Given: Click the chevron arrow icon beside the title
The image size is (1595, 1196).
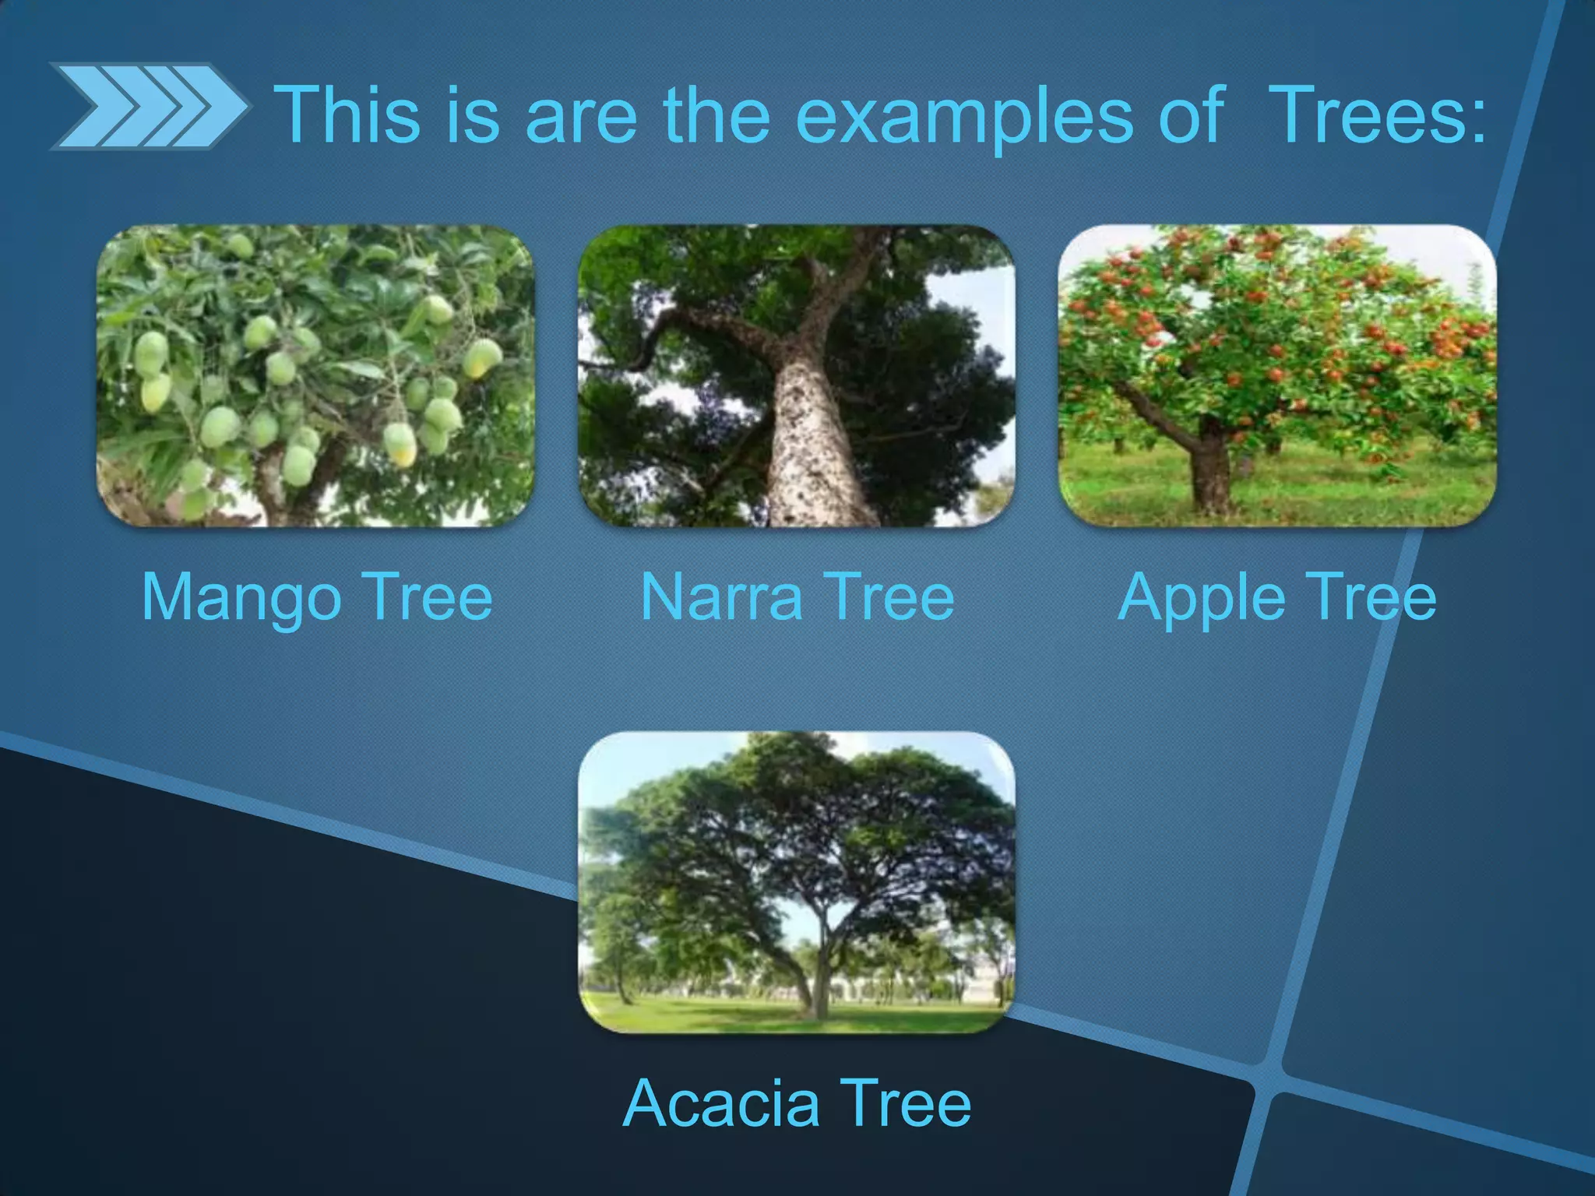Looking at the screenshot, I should click(x=148, y=107).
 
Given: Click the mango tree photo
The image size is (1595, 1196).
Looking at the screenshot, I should click(x=315, y=375).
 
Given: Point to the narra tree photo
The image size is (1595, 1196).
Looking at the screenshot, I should click(x=796, y=375).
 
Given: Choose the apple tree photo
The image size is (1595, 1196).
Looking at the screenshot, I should click(x=1277, y=375).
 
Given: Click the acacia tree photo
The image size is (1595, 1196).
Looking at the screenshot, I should click(x=796, y=881).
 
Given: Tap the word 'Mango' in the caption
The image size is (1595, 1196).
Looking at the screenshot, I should click(x=241, y=598).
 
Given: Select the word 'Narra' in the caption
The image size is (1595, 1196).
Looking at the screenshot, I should click(x=720, y=596).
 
